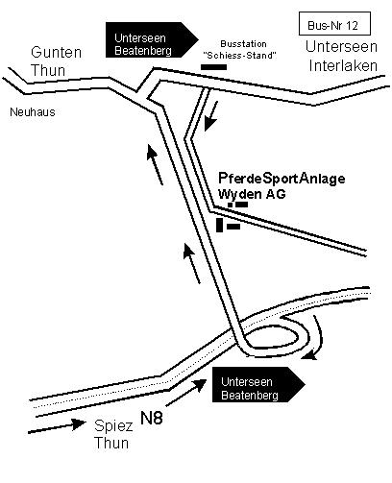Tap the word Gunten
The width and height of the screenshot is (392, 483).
pos(57,52)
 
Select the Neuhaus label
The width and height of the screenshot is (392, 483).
pos(33,112)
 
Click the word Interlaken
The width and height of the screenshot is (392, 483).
pos(343,65)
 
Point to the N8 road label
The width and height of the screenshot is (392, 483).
pos(152,418)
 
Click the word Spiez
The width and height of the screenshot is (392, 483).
pos(113,426)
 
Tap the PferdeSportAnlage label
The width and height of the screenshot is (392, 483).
pos(282,179)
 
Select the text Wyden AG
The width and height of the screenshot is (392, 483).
pos(252,194)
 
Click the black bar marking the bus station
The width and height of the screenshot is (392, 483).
pos(213,67)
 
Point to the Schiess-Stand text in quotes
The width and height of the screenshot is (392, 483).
pos(239,56)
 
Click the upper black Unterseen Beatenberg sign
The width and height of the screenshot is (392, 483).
pos(152,39)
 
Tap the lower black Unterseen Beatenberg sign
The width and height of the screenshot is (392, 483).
pos(258,384)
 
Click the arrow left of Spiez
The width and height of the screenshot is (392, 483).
pos(57,427)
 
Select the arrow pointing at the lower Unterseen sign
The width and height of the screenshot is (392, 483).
pos(186,393)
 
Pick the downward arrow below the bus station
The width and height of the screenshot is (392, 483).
pos(211,116)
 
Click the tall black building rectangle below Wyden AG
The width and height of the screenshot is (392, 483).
pos(219,225)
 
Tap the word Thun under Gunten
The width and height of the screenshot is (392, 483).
pos(48,70)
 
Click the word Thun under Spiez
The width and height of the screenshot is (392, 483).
pos(111,443)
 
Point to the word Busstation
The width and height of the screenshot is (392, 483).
pos(243,44)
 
